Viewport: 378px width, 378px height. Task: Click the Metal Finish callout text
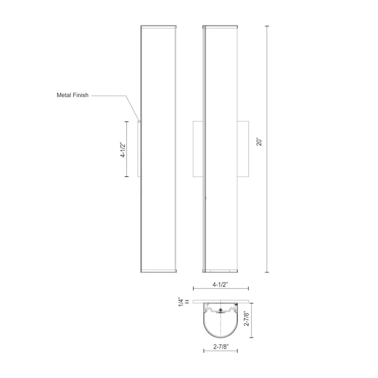pos(73,95)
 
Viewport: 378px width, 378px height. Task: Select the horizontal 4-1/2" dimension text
pos(220,284)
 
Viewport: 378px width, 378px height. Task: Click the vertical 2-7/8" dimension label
pos(247,318)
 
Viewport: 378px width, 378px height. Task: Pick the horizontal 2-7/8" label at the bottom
pos(220,346)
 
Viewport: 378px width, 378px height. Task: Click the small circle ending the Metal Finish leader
pos(139,121)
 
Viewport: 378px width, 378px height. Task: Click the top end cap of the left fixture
pos(158,27)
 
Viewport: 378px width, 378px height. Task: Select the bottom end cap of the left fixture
pos(158,270)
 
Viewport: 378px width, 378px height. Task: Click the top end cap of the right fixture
pos(220,27)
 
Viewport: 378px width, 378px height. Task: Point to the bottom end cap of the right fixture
pos(220,270)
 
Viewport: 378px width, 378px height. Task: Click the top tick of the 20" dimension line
pos(267,26)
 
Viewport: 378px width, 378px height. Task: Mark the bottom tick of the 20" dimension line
pos(267,272)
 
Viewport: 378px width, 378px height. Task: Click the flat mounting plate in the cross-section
pos(220,301)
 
